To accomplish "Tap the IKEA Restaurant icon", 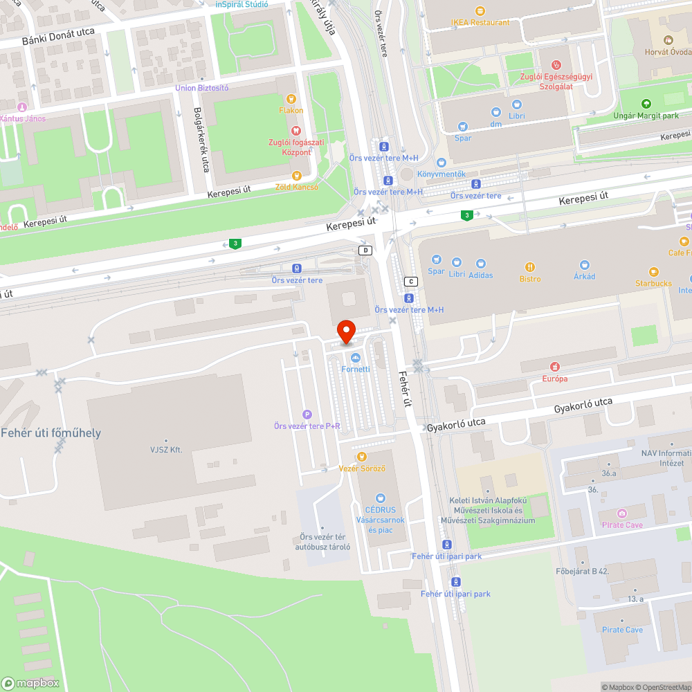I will (x=480, y=10).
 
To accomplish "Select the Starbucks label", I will (x=653, y=284).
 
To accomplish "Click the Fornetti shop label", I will (x=356, y=369).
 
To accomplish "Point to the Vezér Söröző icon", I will (x=361, y=457).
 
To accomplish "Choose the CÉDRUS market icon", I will (x=379, y=498).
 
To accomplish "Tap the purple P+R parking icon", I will (x=307, y=414).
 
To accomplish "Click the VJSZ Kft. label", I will (x=166, y=450).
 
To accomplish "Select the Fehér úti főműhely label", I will (x=51, y=433).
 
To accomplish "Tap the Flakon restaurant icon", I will (x=291, y=99).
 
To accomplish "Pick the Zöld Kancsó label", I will (x=297, y=187).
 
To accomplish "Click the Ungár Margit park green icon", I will (x=646, y=104).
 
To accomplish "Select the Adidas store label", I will (x=480, y=275).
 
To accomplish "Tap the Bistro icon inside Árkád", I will (x=530, y=267).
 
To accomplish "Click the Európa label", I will (x=554, y=379).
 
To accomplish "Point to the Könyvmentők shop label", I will (x=441, y=174).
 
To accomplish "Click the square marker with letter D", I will (x=365, y=251).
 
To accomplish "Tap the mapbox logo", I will (x=29, y=683).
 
